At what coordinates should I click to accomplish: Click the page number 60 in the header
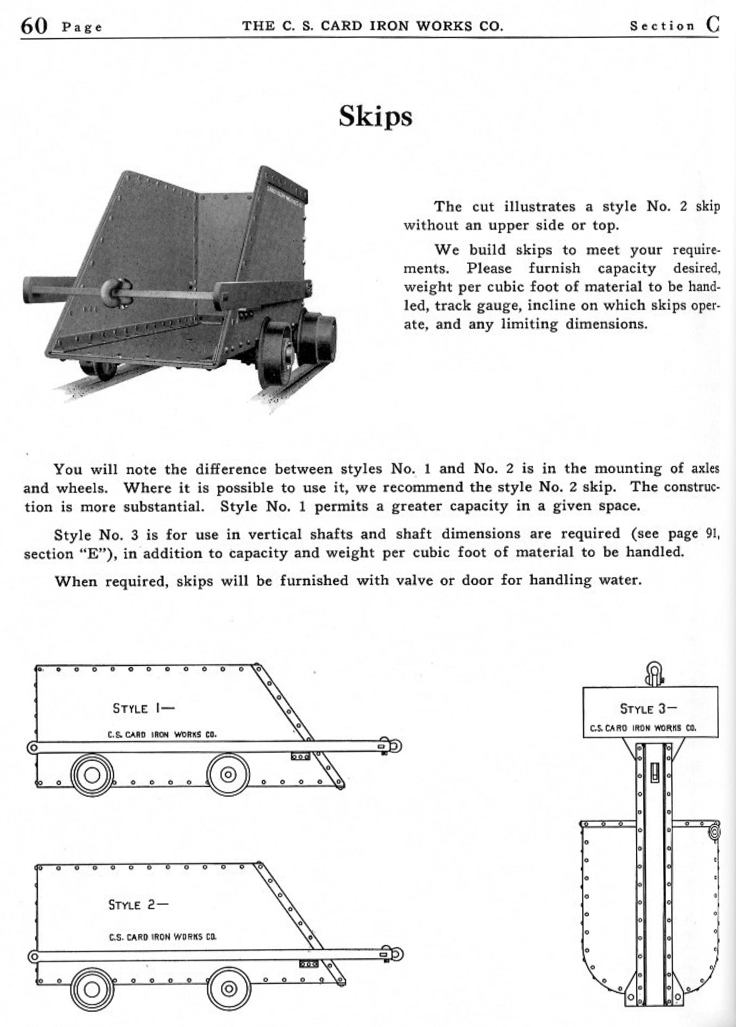[34, 26]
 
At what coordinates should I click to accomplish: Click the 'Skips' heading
[375, 117]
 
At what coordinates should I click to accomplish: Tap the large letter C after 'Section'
[713, 24]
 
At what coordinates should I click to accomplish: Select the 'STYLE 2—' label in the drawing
[139, 905]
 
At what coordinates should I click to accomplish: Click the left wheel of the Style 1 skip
[92, 775]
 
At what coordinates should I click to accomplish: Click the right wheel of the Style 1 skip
[228, 775]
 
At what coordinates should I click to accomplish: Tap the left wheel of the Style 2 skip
[92, 990]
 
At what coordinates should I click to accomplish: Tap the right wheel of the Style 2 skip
[229, 990]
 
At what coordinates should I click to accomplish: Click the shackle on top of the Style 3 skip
[654, 674]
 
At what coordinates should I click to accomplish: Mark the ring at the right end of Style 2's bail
[397, 954]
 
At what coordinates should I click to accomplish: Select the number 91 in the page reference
[712, 534]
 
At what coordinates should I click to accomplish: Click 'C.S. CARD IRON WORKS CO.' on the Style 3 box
[643, 728]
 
